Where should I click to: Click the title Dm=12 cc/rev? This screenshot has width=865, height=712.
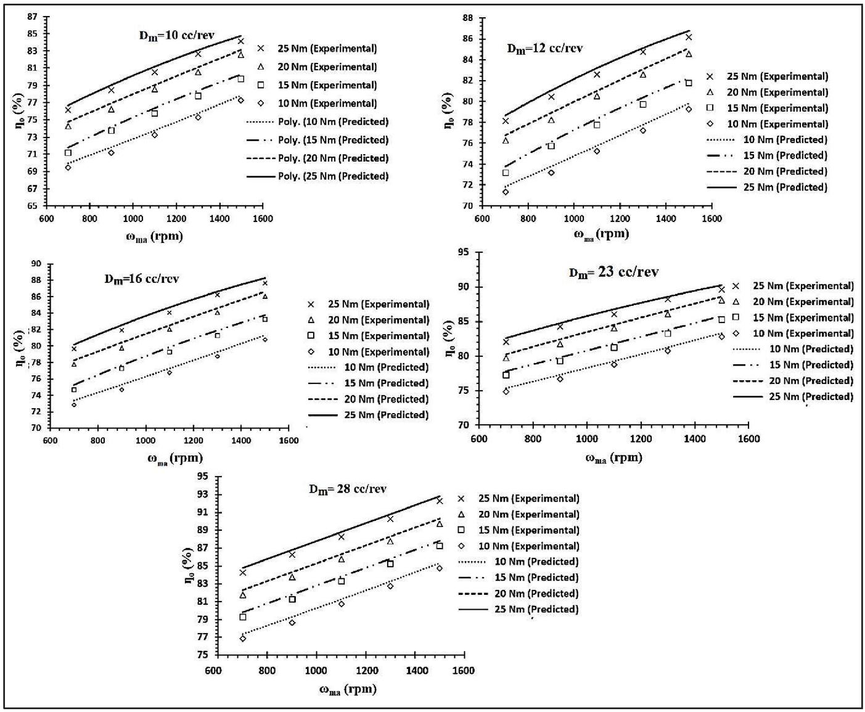tap(544, 49)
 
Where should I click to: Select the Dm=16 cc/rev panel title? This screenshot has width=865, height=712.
tap(141, 279)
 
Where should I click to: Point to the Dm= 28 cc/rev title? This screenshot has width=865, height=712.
tap(348, 489)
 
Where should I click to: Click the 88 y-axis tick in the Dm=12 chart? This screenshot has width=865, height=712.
tap(468, 18)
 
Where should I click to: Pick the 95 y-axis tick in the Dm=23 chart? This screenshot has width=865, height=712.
tap(463, 252)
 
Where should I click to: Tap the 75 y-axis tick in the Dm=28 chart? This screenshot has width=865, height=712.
tap(202, 655)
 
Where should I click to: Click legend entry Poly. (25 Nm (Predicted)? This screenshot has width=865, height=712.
tap(333, 176)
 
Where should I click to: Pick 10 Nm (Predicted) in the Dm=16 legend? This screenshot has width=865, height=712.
tap(386, 367)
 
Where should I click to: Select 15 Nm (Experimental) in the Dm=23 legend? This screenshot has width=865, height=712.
tap(803, 317)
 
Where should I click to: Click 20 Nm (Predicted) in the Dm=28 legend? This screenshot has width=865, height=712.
tap(536, 594)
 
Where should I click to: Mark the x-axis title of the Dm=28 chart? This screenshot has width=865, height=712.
tap(347, 689)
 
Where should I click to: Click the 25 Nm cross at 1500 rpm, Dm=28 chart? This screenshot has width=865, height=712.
tap(440, 501)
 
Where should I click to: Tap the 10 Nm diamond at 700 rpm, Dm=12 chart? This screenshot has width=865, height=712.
tap(506, 192)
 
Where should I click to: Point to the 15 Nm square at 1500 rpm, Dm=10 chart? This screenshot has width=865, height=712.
tap(241, 79)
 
